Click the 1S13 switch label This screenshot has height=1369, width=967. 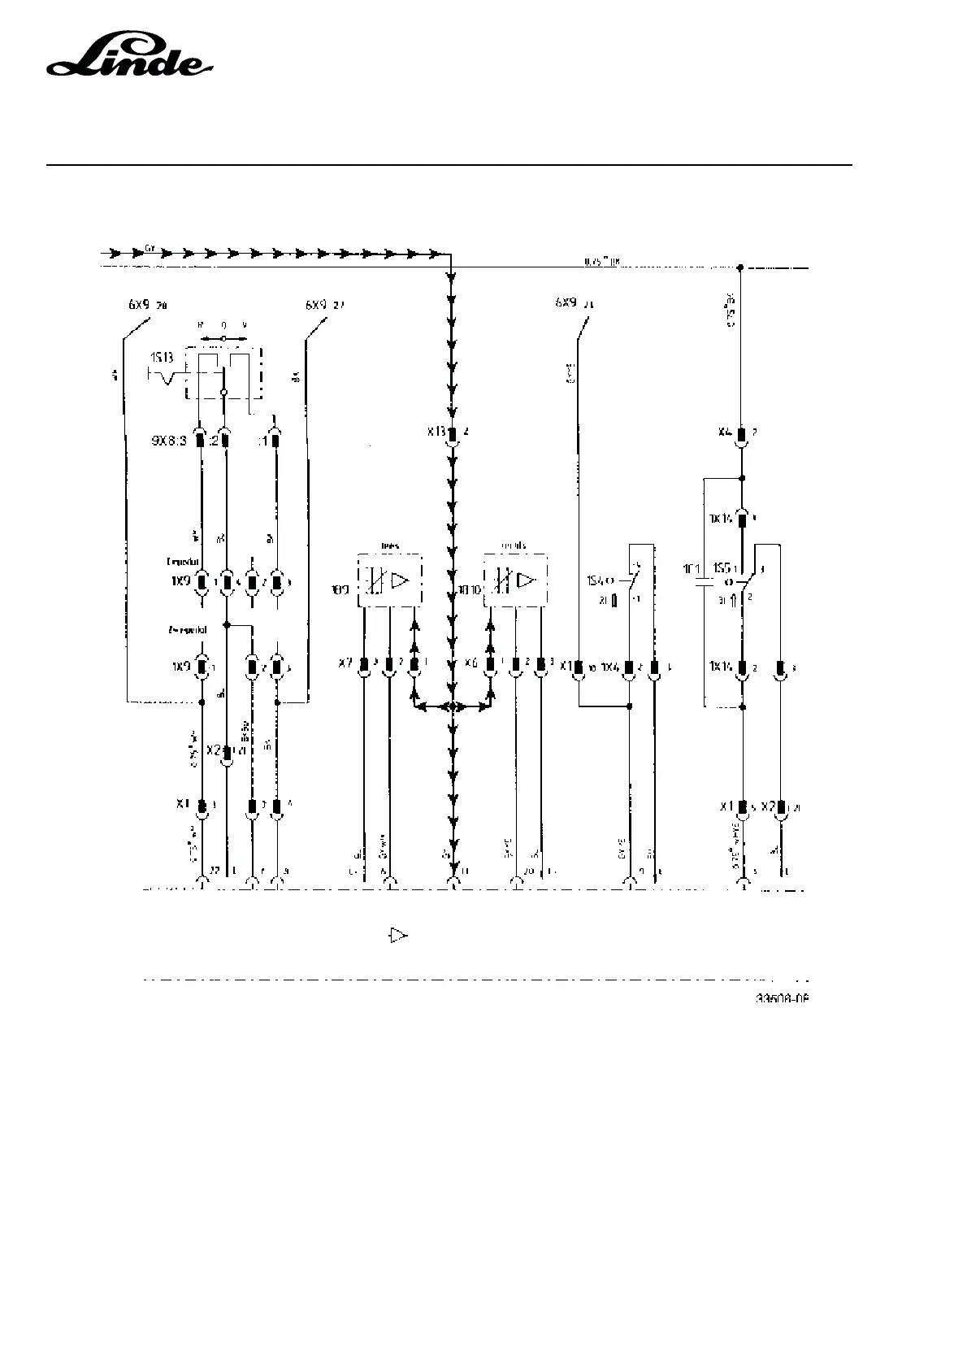[162, 358]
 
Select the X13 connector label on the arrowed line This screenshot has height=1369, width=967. [436, 432]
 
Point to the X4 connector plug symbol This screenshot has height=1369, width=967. [741, 433]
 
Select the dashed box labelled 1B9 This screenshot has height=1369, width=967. [390, 580]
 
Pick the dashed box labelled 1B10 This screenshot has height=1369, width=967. [515, 580]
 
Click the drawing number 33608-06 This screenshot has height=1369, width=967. [783, 998]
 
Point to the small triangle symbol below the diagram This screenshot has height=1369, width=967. [397, 936]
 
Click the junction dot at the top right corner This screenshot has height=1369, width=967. [740, 267]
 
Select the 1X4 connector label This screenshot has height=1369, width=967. [610, 667]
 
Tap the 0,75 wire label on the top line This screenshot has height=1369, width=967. [602, 262]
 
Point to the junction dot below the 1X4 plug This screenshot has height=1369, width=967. [629, 706]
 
